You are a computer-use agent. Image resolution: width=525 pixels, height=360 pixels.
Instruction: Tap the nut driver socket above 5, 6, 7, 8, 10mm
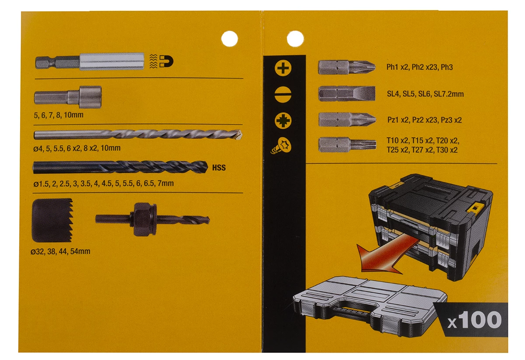pos(68,96)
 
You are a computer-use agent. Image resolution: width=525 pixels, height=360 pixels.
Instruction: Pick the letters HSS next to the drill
pos(219,168)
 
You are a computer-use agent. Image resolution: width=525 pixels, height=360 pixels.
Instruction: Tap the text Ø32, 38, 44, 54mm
pos(61,252)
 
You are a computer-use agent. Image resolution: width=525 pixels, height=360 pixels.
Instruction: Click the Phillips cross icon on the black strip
pos(283,68)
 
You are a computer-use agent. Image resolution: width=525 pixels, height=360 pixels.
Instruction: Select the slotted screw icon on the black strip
pos(283,94)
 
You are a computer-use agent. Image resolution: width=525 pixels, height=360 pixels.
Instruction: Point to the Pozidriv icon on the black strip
pos(283,120)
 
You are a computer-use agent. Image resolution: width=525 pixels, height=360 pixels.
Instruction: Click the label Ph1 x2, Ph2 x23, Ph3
pos(419,67)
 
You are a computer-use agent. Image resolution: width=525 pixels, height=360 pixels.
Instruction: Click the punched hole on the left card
pos(229,38)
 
